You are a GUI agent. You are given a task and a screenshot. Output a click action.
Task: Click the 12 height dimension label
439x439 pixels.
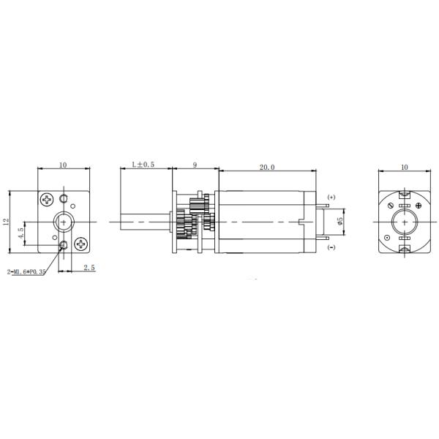click(7, 221)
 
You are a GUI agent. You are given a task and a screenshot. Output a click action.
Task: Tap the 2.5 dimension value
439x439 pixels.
click(89, 268)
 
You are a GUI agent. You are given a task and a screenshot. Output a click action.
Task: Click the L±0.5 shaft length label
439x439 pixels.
click(143, 165)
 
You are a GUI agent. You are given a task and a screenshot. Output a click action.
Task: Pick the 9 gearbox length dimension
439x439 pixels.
click(195, 165)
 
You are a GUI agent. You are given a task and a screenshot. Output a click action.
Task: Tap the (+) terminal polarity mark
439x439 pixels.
click(331, 197)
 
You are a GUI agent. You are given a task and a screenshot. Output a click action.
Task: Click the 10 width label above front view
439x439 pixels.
click(63, 165)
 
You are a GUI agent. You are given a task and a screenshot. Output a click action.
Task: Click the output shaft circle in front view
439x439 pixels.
click(64, 220)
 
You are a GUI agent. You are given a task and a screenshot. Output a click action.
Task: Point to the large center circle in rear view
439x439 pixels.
click(403, 221)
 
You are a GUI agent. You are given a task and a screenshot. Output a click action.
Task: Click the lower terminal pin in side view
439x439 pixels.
click(322, 235)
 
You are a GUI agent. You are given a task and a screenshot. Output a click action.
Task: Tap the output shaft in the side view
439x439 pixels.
click(143, 220)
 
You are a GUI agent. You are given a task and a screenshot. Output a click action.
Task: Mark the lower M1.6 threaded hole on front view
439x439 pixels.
click(64, 244)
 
